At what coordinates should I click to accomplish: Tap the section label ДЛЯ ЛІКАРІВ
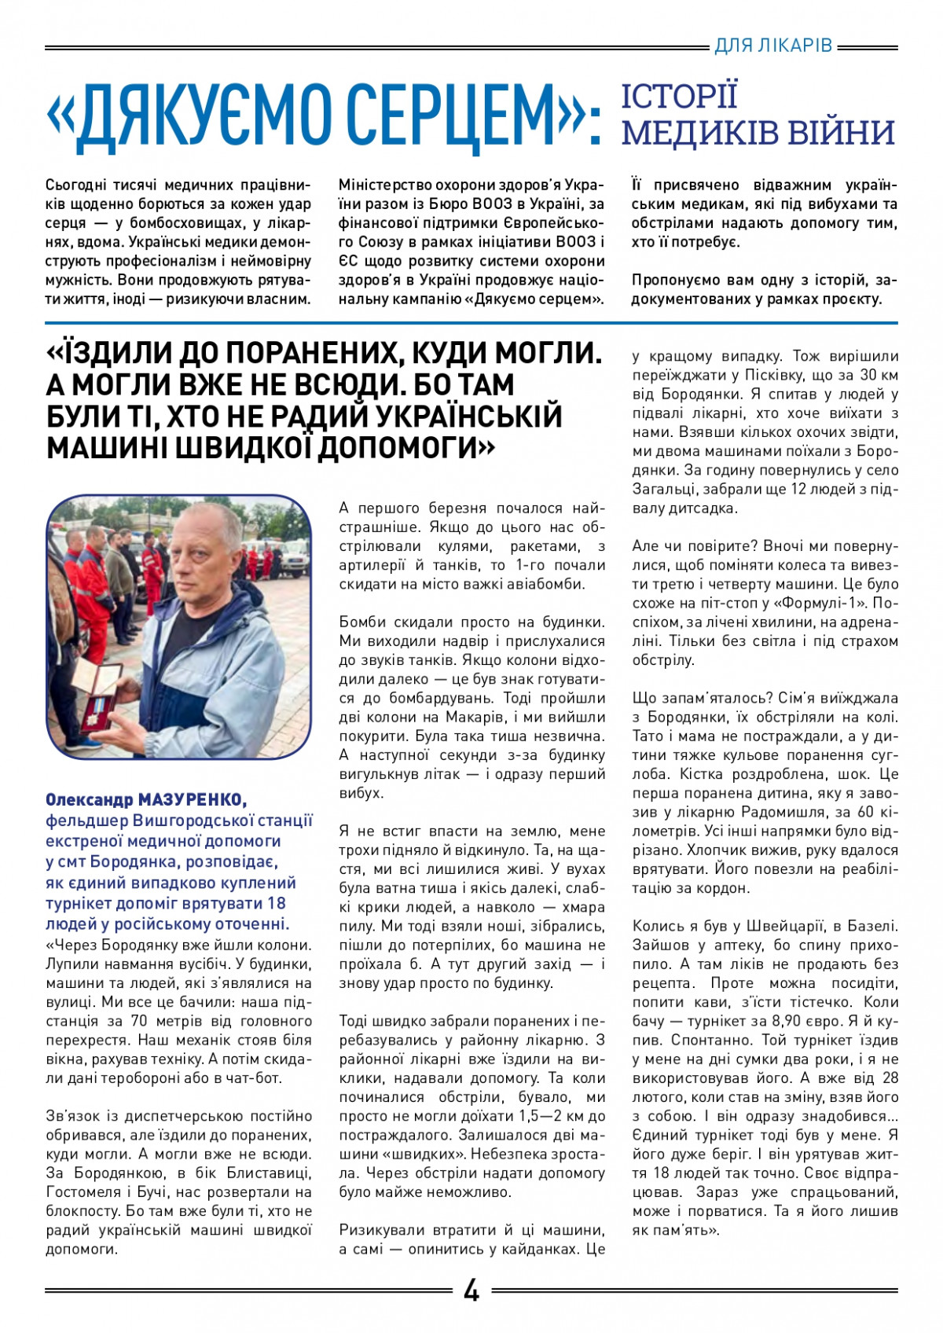point(773,46)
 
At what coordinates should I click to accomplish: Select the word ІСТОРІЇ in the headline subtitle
point(680,96)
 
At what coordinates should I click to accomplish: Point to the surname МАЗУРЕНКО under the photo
point(193,800)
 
